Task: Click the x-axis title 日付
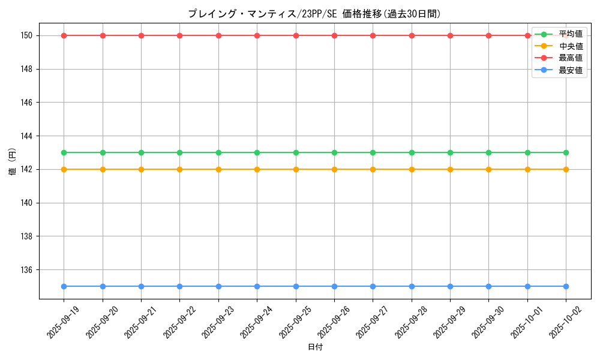tap(315, 347)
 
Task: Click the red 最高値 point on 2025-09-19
tap(64, 35)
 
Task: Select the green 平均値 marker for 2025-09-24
tap(257, 152)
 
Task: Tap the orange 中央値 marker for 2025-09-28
tap(412, 169)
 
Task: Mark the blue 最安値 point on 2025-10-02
tap(566, 286)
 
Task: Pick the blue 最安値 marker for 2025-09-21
tap(141, 286)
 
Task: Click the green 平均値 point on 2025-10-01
tap(527, 152)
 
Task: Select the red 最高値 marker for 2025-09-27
tap(373, 35)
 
